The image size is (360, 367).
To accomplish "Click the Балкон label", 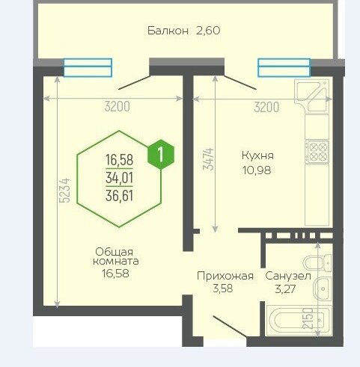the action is [x=168, y=31].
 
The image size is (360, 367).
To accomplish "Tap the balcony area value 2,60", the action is [x=208, y=31].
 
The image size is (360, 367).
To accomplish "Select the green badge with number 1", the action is [x=161, y=154].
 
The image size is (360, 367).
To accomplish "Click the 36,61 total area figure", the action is [x=119, y=196].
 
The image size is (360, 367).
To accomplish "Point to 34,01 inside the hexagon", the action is [x=119, y=178].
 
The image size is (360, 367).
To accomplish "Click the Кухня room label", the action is [x=257, y=155].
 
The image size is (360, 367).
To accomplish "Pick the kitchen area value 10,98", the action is [x=257, y=170].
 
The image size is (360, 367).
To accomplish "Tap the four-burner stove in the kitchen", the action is [x=317, y=152].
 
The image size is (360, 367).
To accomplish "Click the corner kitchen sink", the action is [x=311, y=96].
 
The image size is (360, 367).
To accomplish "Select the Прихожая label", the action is [x=225, y=277].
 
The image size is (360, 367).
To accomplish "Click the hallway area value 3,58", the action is [x=222, y=289].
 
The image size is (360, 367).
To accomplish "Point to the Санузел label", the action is [x=288, y=276].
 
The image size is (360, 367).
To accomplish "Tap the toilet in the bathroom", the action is [x=317, y=263].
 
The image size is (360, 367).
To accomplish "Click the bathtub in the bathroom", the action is [x=299, y=321].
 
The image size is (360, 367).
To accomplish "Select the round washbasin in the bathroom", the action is [x=323, y=289].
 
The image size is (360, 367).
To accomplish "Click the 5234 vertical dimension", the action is [x=65, y=190].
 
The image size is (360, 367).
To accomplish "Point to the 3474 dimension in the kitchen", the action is [x=208, y=159].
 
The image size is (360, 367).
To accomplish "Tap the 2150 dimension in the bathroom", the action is [x=308, y=318].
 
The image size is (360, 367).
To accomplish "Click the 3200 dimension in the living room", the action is [x=118, y=107].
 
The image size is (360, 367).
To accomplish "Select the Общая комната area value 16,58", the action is [x=115, y=274].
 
